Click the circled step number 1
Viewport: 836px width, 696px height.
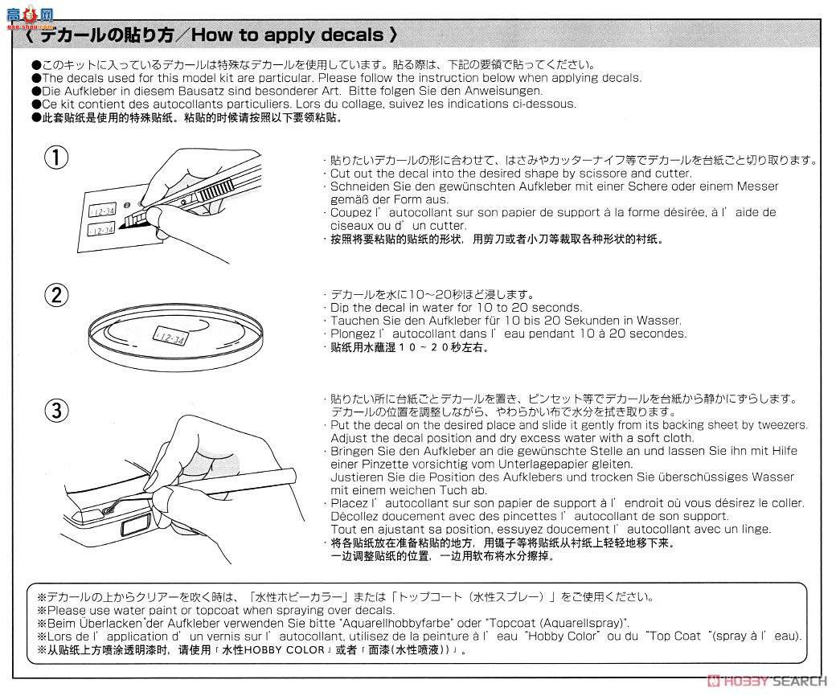click(56, 158)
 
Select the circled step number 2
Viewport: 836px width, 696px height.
click(56, 295)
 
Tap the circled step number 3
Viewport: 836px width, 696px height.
click(56, 411)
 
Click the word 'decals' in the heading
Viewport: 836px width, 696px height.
click(352, 35)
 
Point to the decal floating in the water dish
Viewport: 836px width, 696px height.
click(170, 337)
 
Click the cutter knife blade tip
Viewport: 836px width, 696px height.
click(121, 227)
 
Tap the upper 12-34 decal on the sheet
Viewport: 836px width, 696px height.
click(102, 211)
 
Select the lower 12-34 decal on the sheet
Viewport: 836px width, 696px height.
click(100, 230)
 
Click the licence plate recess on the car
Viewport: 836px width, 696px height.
click(137, 527)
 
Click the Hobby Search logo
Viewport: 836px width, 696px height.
click(767, 681)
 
